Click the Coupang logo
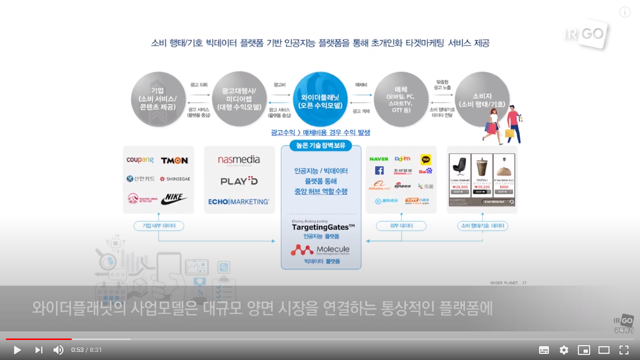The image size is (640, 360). point(140,160)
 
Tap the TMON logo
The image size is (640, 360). point(174,160)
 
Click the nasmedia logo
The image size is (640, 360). point(239,160)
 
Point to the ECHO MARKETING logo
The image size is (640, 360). point(239,201)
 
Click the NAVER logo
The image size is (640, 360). point(379,159)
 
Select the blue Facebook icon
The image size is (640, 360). point(379,171)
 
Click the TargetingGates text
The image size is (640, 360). point(323,227)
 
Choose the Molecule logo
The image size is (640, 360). point(320,249)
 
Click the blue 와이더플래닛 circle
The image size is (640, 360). point(320,99)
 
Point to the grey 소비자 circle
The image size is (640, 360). point(482,99)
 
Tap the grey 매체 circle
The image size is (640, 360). point(401,99)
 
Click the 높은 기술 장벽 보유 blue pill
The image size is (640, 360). point(320,145)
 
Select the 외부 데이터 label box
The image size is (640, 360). point(401,226)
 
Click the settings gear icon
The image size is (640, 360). point(564,350)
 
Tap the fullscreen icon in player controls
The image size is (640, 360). point(624,350)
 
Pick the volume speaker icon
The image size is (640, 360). point(58,350)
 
